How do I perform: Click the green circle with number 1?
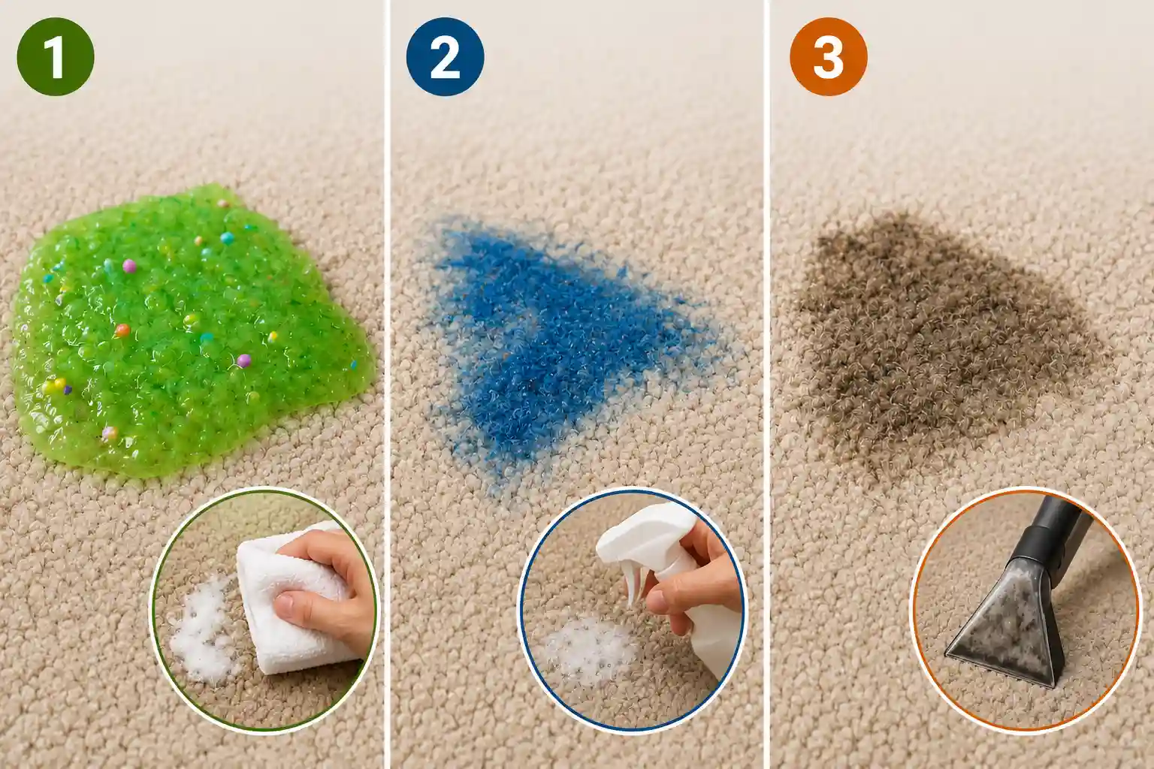click(56, 56)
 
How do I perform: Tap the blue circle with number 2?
click(445, 56)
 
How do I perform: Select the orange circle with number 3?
click(829, 56)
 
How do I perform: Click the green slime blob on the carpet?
click(186, 330)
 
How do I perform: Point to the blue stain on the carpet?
click(561, 350)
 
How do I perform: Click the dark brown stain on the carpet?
click(943, 340)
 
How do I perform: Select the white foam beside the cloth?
click(204, 631)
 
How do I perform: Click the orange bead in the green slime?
click(122, 330)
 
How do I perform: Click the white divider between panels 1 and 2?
click(387, 384)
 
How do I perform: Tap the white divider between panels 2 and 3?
click(766, 384)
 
